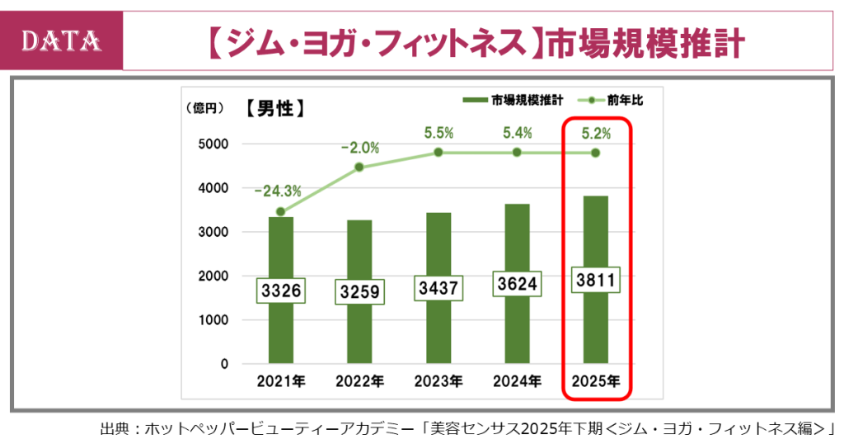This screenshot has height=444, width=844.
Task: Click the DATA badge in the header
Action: pos(62,40)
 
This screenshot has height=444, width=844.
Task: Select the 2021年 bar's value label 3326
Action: pos(281,290)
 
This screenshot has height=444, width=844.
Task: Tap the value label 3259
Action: pos(359,292)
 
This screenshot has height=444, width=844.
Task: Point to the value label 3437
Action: pos(438,288)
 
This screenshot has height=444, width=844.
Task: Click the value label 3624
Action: pos(517,284)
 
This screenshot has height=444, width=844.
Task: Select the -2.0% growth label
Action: pos(360,149)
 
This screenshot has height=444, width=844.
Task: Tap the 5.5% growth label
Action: pos(438,132)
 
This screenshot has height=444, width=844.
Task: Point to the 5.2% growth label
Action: pos(596,132)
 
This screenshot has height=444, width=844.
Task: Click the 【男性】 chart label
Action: pos(275,108)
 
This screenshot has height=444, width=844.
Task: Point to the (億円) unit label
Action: pos(204,107)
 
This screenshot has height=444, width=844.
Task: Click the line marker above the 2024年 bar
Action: pos(517,153)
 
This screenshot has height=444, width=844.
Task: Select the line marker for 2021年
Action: pos(281,212)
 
